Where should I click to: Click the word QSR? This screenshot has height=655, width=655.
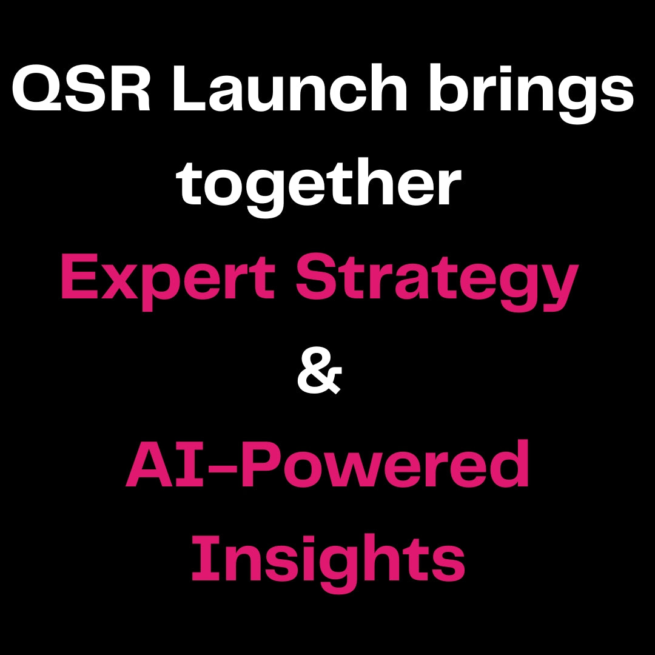coord(81,89)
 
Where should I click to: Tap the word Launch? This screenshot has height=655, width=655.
coord(290,88)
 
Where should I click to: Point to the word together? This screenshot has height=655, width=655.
coord(319,188)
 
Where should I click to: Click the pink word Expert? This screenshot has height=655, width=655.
coord(168,281)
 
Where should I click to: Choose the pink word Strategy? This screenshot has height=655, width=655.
coord(437,281)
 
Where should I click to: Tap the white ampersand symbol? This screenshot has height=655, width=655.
coord(320,371)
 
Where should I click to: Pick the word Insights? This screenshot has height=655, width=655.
coord(328,562)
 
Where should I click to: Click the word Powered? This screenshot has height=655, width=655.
coord(385,464)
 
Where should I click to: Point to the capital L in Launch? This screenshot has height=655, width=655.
coord(189,88)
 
